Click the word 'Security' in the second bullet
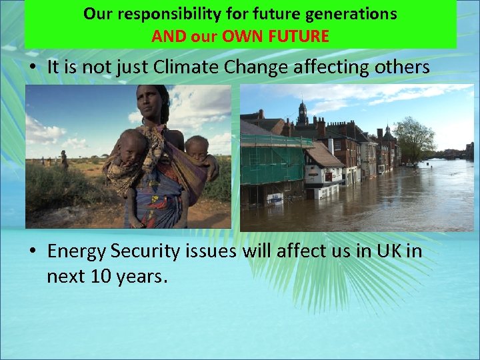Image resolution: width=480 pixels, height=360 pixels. point(141,251)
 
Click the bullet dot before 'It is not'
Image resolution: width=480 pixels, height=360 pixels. point(33,67)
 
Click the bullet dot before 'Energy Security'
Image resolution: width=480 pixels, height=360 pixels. point(33,252)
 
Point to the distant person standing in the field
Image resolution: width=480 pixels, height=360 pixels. point(64,160)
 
